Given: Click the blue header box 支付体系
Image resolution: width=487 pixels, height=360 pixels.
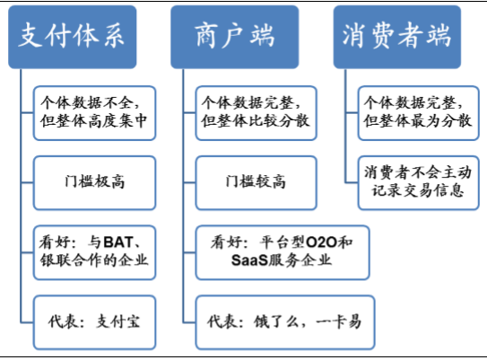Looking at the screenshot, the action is tap(73, 37).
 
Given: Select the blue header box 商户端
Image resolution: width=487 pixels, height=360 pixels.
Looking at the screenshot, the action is tap(235, 37).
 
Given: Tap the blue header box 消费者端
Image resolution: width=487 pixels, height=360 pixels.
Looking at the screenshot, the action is tap(397, 37).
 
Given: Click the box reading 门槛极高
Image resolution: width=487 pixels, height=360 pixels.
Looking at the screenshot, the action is tap(94, 183).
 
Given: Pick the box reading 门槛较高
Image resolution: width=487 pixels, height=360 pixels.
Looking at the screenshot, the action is tap(257, 183).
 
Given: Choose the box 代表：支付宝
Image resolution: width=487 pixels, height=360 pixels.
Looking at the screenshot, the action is tap(94, 322).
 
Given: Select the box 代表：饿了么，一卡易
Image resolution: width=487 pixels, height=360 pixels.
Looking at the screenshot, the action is tap(285, 322).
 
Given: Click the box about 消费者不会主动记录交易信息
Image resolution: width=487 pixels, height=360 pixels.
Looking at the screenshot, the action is tap(419, 183).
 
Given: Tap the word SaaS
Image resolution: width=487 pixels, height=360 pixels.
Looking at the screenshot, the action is tap(249, 259).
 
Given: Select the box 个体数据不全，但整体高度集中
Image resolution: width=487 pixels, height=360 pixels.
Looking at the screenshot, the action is tap(94, 113).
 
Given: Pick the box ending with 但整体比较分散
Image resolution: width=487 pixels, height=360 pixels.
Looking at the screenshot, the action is tap(257, 113).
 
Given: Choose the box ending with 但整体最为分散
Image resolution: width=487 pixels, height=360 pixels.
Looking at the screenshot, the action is tap(419, 113).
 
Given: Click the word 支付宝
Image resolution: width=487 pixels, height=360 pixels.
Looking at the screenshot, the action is tap(117, 321).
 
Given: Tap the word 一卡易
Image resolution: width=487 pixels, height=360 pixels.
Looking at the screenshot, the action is tap(338, 321).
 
